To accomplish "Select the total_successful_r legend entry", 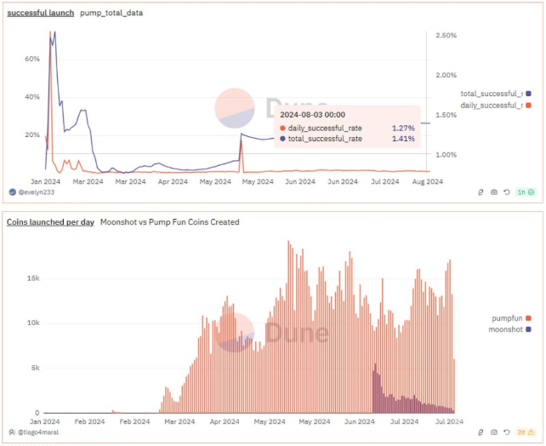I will pos(491,93).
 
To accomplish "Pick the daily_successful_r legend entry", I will pos(491,105).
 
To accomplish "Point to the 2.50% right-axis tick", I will pos(446,35).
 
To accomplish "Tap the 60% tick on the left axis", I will pos(33,59).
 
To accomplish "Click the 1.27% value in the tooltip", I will pos(402,128).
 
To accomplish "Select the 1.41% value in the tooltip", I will pos(402,138).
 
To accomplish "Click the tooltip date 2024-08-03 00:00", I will pos(313,114).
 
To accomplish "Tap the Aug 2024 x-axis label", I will pos(427,181).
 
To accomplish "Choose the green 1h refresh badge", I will pos(526,192).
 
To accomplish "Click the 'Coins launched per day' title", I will pos(49,222).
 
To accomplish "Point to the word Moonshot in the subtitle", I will pos(118,222).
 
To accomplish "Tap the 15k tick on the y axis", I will pos(31,277).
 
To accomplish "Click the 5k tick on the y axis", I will pos(33,368).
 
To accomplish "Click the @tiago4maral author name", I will pos(39,433).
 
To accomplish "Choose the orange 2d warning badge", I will pos(526,433).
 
